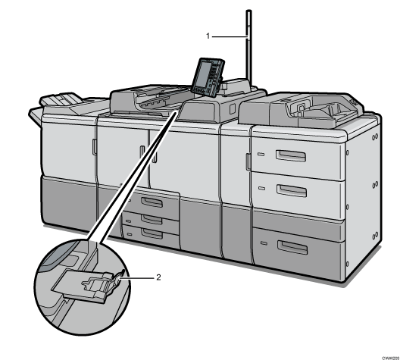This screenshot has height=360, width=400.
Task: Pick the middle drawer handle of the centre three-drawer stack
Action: [151, 219]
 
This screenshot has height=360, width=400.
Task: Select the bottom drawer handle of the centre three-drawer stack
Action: [151, 234]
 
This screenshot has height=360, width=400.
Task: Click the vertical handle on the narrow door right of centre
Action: [247, 161]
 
